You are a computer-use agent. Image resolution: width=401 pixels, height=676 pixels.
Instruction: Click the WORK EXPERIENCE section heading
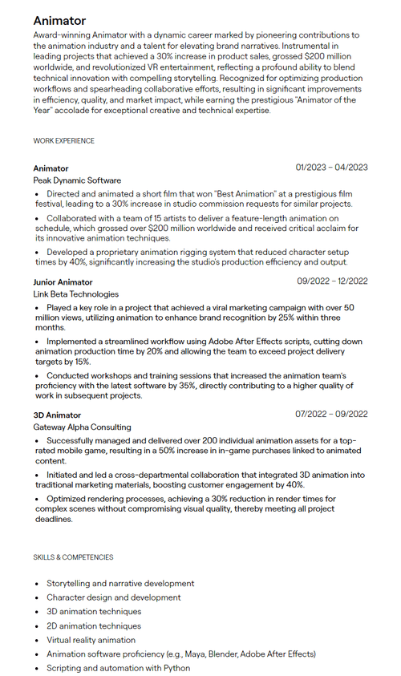(63, 141)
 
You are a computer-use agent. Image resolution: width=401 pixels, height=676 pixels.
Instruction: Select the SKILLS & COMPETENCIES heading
(73, 557)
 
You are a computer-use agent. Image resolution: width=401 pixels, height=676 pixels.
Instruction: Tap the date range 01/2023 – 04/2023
(331, 168)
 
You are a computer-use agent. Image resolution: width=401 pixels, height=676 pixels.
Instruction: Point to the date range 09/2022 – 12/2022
(332, 281)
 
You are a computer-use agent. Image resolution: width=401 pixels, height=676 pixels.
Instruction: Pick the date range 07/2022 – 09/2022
(331, 415)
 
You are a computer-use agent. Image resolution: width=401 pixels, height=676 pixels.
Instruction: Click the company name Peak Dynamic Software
(77, 181)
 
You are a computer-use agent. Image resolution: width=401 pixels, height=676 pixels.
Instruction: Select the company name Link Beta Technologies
(75, 294)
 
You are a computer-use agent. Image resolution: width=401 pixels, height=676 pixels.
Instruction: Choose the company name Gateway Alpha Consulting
(82, 427)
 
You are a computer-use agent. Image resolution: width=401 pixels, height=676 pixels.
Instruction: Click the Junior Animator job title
(63, 282)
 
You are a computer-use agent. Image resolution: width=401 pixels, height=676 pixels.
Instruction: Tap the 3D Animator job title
(57, 415)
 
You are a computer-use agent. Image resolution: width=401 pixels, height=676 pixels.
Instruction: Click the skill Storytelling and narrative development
(120, 584)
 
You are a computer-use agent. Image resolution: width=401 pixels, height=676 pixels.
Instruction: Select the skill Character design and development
(113, 597)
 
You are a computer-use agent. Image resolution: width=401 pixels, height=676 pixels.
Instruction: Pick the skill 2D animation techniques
(94, 626)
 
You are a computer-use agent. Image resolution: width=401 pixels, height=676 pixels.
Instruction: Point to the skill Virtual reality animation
(91, 641)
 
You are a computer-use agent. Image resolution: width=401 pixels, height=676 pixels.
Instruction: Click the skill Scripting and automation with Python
(118, 669)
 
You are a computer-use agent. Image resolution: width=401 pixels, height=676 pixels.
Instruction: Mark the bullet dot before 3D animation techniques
(37, 612)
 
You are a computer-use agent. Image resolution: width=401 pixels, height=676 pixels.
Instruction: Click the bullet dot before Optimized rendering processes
(37, 498)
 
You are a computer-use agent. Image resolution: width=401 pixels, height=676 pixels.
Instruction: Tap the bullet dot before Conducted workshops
(37, 375)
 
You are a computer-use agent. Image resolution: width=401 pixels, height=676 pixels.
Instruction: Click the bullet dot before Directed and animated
(37, 194)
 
